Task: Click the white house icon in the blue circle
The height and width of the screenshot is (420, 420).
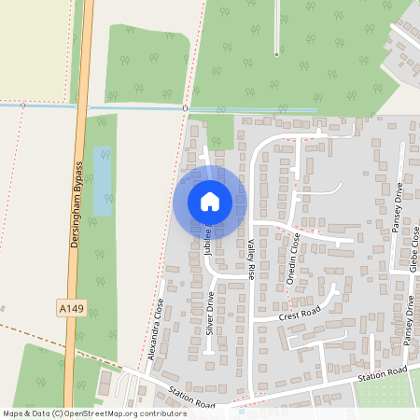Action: click(210, 201)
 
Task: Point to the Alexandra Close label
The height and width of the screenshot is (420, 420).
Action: click(155, 329)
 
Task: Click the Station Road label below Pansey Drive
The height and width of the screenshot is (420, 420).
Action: click(384, 374)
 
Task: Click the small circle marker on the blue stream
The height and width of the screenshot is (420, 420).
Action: click(185, 108)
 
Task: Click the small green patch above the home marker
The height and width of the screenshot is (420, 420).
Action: click(220, 133)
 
